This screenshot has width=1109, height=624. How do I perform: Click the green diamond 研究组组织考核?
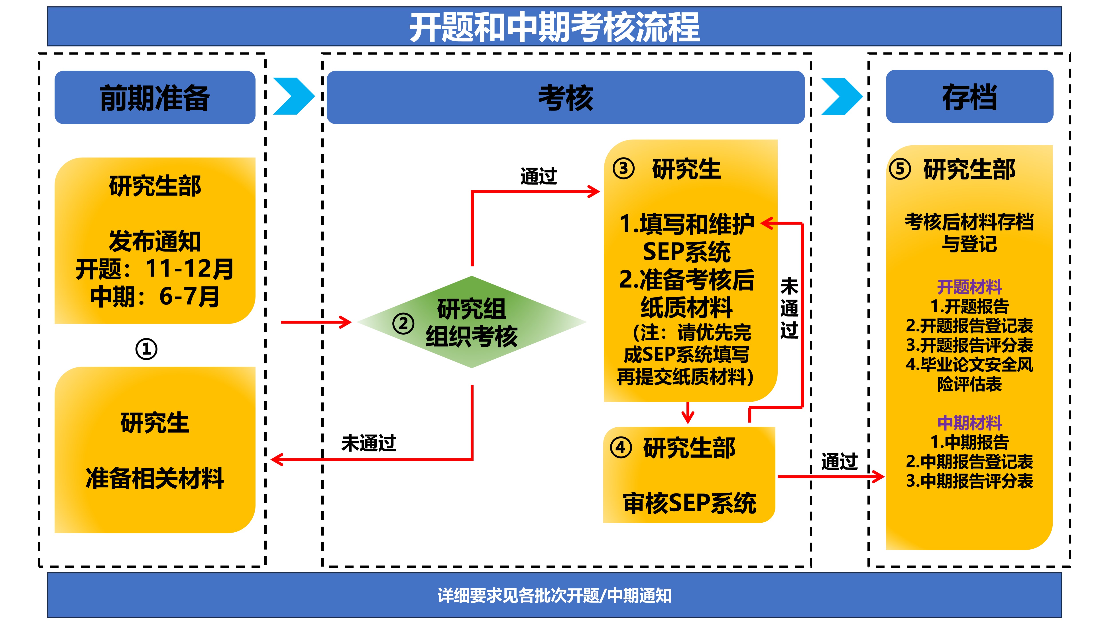[x=471, y=322]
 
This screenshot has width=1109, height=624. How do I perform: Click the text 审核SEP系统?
[x=689, y=503]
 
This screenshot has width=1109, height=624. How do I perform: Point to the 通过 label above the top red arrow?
[x=539, y=176]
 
